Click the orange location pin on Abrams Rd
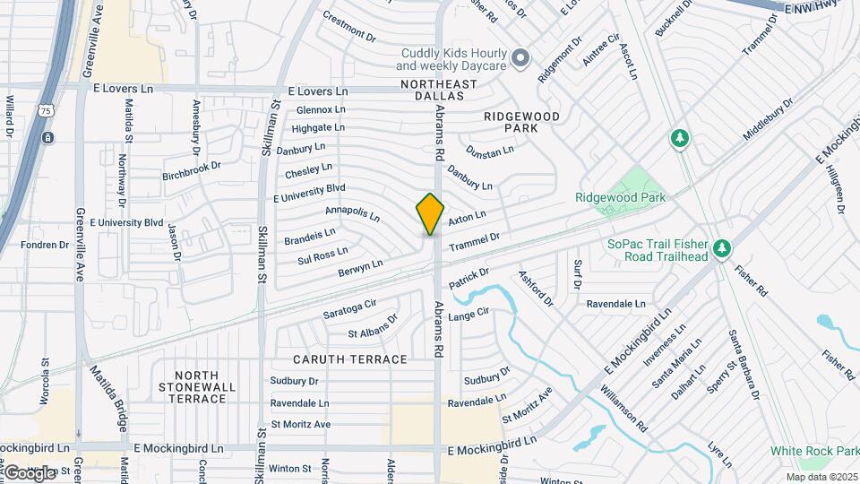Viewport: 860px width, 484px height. click(x=431, y=213)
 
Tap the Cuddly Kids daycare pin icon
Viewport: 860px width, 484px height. click(x=520, y=59)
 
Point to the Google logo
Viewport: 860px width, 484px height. click(x=29, y=472)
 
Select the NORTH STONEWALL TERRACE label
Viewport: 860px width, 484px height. click(x=191, y=386)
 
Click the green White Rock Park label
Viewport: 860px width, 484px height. click(x=814, y=451)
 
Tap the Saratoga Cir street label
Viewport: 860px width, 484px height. click(x=349, y=310)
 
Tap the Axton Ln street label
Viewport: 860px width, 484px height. click(x=467, y=217)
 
